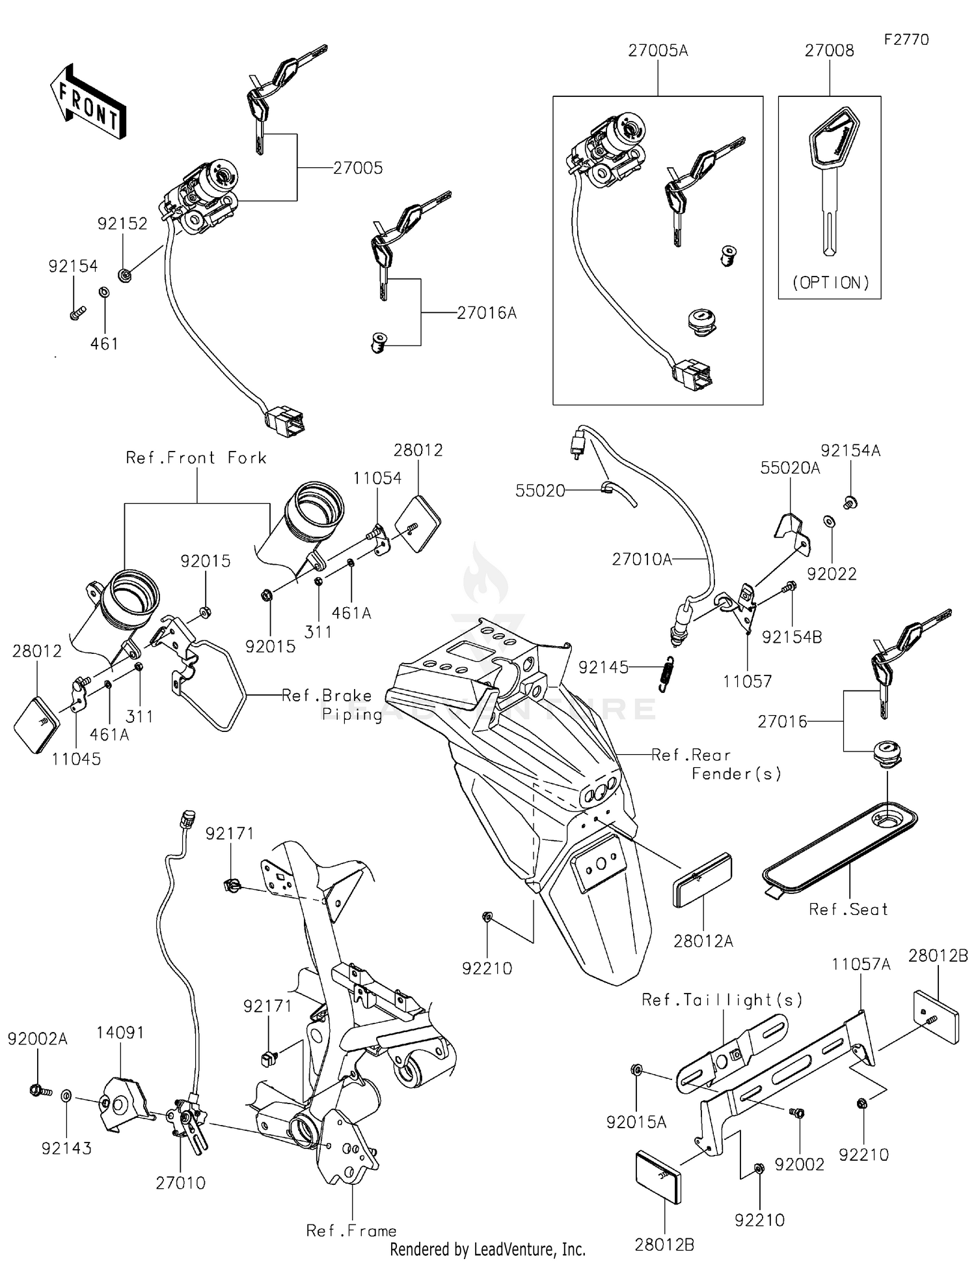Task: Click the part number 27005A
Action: coord(657,51)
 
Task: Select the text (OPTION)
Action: coord(831,282)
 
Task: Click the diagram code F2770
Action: coord(906,40)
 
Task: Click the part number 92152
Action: coord(122,224)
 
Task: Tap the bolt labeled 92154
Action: coord(77,314)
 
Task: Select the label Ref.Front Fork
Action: coord(196,458)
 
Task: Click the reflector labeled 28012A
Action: coord(702,880)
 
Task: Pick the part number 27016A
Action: coord(486,313)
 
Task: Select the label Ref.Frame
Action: coord(351,1230)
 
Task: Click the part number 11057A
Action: coord(860,964)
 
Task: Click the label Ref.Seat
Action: coord(848,910)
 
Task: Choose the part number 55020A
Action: coord(790,468)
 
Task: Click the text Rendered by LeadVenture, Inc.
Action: coord(487,1249)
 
